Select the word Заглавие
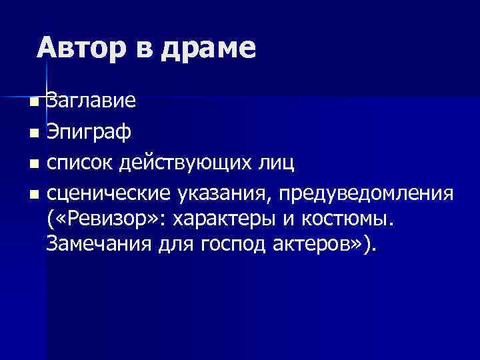click(91, 101)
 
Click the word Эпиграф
click(89, 133)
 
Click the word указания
click(224, 194)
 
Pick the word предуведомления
click(368, 194)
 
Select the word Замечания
click(100, 245)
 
